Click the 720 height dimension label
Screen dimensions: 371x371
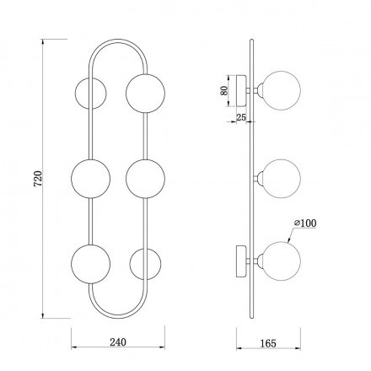pos(38,179)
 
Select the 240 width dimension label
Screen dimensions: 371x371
pos(118,342)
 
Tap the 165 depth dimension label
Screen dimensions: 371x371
pos(268,343)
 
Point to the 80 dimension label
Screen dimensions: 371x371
pos(224,90)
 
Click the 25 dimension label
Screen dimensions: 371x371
pos(241,117)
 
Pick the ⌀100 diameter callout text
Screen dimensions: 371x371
pos(305,223)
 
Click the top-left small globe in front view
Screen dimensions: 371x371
pos(91,94)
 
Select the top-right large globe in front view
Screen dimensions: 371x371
pos(145,94)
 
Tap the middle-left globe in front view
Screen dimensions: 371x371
pos(90,179)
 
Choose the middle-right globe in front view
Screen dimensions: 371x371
pos(145,179)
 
